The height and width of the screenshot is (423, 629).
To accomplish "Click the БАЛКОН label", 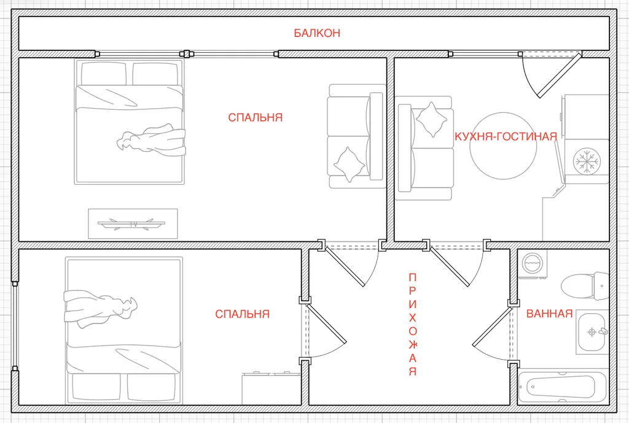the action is [x=317, y=33].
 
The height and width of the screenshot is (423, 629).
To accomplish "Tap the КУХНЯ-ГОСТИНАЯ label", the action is [x=506, y=137].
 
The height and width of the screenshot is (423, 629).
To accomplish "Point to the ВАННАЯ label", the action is [x=549, y=314].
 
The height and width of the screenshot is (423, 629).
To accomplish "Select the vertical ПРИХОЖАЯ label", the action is [x=413, y=324].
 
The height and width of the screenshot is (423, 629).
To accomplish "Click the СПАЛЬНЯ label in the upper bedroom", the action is [x=256, y=117].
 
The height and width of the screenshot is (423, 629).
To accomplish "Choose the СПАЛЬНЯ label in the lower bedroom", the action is [x=242, y=314].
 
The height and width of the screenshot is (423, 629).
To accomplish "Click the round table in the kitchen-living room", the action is [x=503, y=146].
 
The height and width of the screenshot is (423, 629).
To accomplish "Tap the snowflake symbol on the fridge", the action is [x=587, y=161].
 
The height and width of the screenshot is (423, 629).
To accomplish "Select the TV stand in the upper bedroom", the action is [x=133, y=223].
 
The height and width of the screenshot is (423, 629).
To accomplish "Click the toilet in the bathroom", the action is [x=585, y=286].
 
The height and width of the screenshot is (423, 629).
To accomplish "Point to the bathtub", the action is [x=563, y=387].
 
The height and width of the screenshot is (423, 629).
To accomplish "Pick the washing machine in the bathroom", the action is [x=533, y=264].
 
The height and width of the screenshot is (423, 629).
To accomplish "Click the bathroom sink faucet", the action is [x=603, y=332].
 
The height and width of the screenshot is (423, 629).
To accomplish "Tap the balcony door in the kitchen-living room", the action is [x=559, y=76].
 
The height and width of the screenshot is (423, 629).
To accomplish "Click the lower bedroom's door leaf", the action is [x=326, y=324].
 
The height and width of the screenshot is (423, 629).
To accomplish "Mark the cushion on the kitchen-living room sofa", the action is [x=431, y=120].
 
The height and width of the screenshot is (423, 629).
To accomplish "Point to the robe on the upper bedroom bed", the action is [x=151, y=140].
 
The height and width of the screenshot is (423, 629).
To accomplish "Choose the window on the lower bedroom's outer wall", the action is [x=15, y=326].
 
